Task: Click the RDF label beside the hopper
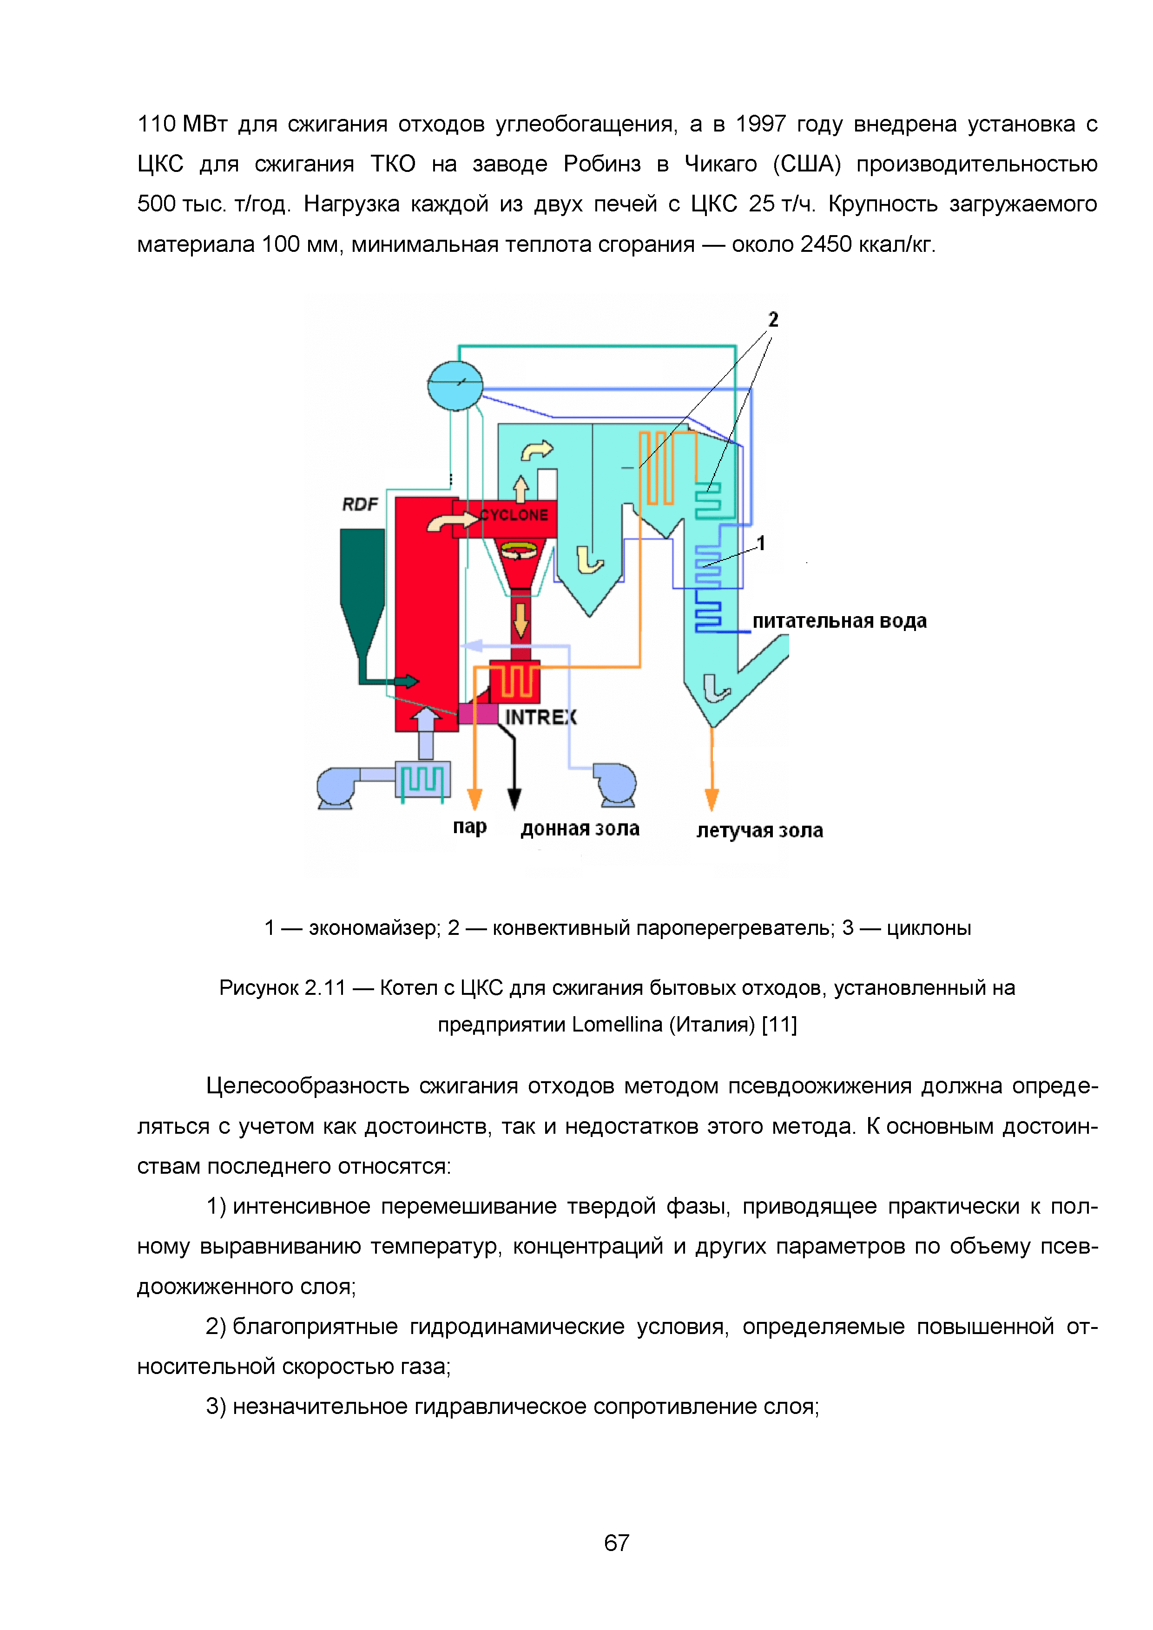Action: [360, 504]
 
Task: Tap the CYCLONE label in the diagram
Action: [514, 515]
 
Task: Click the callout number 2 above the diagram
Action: [773, 320]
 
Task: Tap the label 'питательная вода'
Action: [839, 621]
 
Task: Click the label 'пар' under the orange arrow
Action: [469, 827]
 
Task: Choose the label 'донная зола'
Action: [580, 828]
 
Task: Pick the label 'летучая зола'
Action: [759, 831]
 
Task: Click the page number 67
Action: [616, 1543]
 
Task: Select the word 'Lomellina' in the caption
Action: [617, 1025]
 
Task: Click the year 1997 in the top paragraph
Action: [760, 124]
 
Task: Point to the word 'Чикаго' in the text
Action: [721, 164]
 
